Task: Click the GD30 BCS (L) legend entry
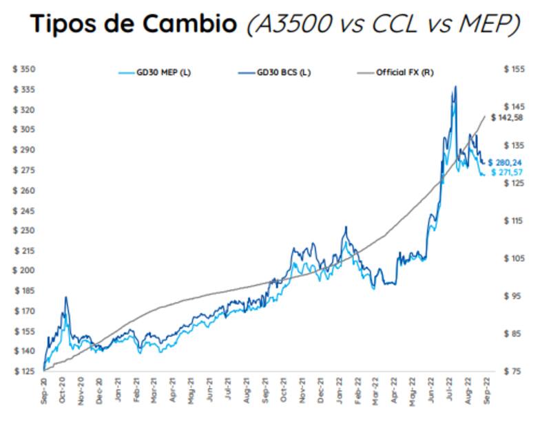[x=284, y=72]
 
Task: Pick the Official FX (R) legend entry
[x=404, y=72]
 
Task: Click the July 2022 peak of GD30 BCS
[x=455, y=86]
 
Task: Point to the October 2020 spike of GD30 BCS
[x=66, y=297]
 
